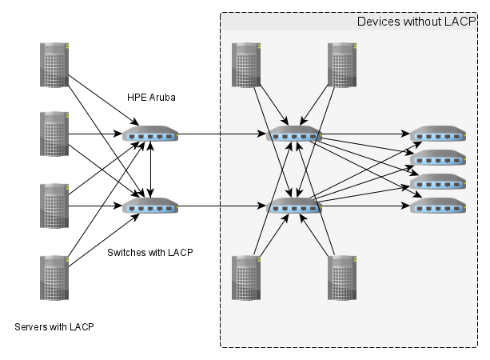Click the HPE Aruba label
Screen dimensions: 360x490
[x=151, y=98]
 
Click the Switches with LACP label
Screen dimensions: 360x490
[x=150, y=252]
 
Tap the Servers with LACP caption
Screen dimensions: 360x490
[x=54, y=327]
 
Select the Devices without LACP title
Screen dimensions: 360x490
[x=416, y=22]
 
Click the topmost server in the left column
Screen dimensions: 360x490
[x=54, y=65]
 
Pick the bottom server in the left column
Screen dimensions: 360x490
[x=54, y=277]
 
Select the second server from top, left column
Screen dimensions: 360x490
[x=54, y=134]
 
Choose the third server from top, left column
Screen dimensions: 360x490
[x=54, y=206]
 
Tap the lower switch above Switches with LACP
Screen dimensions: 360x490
[x=151, y=206]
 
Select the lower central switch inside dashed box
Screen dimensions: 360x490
[x=294, y=206]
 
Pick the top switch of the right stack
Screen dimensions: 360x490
[x=438, y=134]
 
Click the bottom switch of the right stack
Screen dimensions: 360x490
[x=438, y=206]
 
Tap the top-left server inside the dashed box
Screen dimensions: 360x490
[x=246, y=64]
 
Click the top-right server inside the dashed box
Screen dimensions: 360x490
[x=342, y=64]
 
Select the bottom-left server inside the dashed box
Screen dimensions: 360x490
[x=246, y=278]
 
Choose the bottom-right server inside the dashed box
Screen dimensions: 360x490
[x=342, y=278]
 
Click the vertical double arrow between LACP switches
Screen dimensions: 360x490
[x=152, y=170]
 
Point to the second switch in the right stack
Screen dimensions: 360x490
[x=438, y=158]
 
